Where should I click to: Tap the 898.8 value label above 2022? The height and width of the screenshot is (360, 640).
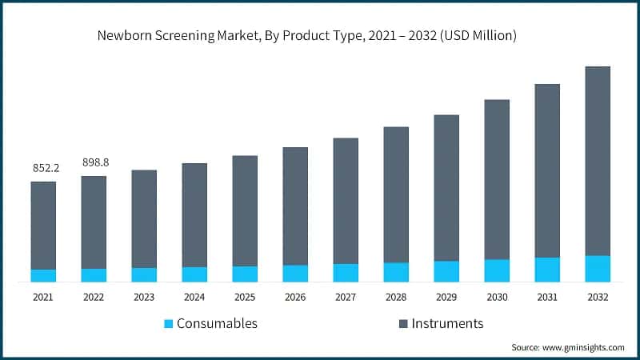pyautogui.click(x=96, y=162)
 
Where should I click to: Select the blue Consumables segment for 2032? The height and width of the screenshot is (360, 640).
pyautogui.click(x=598, y=269)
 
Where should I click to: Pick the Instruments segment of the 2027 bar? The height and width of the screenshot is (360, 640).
pyautogui.click(x=346, y=201)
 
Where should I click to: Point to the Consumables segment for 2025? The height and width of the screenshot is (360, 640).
pyautogui.click(x=245, y=274)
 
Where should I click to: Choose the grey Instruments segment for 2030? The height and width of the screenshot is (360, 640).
pyautogui.click(x=497, y=179)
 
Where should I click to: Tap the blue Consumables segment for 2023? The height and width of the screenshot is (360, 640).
pyautogui.click(x=144, y=274)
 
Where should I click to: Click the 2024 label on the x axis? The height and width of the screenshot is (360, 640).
pyautogui.click(x=194, y=297)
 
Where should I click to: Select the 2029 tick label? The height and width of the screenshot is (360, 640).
pyautogui.click(x=446, y=297)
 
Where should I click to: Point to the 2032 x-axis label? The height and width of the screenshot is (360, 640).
pyautogui.click(x=598, y=297)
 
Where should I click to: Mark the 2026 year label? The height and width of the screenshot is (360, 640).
pyautogui.click(x=295, y=297)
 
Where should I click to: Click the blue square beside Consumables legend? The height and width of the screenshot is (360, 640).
pyautogui.click(x=168, y=324)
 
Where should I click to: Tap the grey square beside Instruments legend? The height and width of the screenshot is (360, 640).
pyautogui.click(x=403, y=324)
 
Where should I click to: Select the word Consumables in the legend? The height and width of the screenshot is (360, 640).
pyautogui.click(x=217, y=324)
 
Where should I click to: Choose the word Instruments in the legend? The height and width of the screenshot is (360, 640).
pyautogui.click(x=447, y=324)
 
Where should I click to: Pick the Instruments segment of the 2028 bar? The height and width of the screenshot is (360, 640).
pyautogui.click(x=396, y=194)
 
